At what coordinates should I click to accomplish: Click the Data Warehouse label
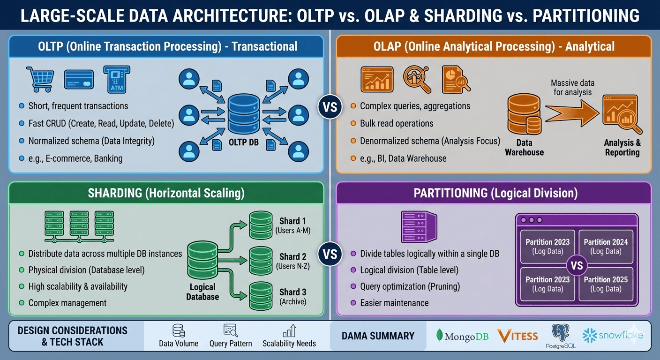(524, 147)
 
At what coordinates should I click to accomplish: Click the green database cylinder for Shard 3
(261, 295)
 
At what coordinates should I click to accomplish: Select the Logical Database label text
(202, 292)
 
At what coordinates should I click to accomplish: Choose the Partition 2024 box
(606, 247)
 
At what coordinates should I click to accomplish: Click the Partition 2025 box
(606, 284)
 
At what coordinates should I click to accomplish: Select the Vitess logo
(517, 336)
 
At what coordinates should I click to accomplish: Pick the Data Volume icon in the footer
(179, 331)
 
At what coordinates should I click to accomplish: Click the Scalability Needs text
(289, 344)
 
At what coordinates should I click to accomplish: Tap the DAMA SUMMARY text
(378, 336)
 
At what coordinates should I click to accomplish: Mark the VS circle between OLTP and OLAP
(330, 107)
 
